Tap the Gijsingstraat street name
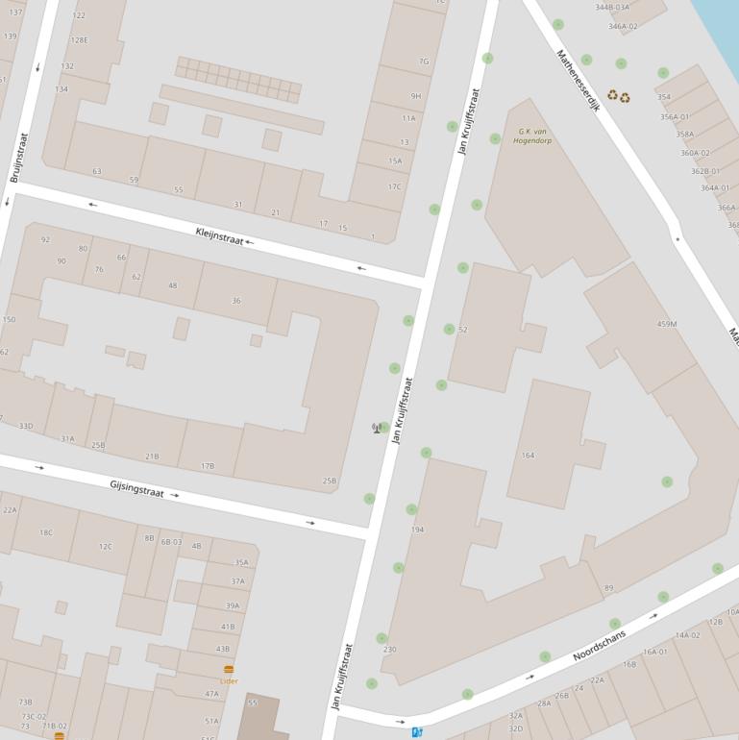point(136,490)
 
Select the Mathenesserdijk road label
point(578,82)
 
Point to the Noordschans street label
point(599,643)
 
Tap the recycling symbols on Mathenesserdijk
point(618,96)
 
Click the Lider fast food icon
point(229,670)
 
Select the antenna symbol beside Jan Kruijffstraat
point(377,428)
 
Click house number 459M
point(667,324)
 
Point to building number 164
point(528,456)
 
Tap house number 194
point(417,530)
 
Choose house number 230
point(389,650)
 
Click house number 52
point(463,330)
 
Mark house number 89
point(608,588)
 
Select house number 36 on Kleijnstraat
point(236,301)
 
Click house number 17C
point(394,186)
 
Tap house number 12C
point(105,547)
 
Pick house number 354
point(663,97)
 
